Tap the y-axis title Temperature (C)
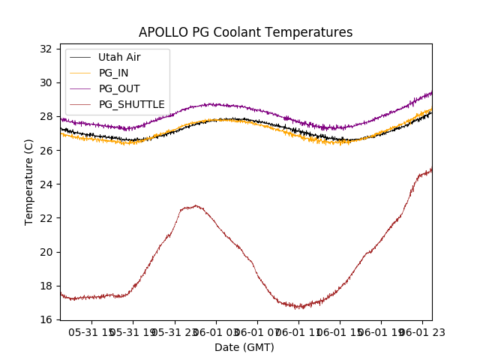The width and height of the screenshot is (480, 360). point(29,181)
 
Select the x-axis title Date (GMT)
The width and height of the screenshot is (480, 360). point(244,347)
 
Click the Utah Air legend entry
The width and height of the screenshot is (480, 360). point(119,57)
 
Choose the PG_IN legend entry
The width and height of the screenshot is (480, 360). point(113,73)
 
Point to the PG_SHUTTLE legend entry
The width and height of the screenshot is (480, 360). point(131,104)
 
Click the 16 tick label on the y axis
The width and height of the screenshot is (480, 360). point(46,319)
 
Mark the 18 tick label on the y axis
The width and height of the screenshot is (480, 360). point(46,286)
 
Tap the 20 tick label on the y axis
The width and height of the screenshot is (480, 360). point(46,252)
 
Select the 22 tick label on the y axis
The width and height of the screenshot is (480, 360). point(46,218)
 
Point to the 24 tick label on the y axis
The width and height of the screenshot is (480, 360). point(46,184)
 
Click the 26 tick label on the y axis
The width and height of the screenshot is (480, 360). point(46,151)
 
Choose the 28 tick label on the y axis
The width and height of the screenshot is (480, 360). point(46,117)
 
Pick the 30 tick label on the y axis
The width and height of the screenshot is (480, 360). point(46,83)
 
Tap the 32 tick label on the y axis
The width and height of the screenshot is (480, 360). point(46,49)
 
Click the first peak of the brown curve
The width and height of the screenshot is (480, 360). point(195,205)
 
